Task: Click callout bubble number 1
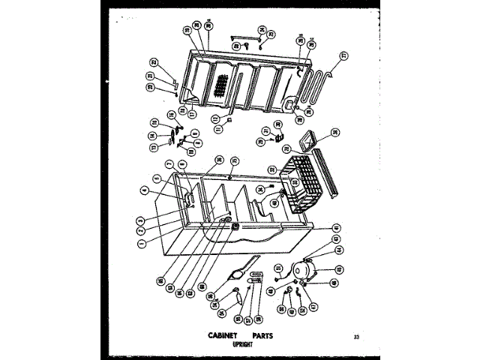141,241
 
